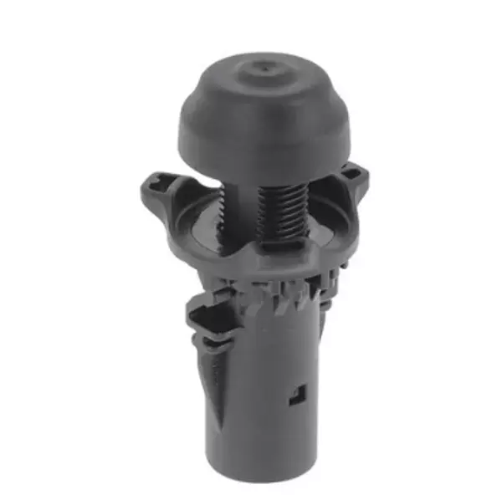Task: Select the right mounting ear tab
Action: (355, 179)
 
